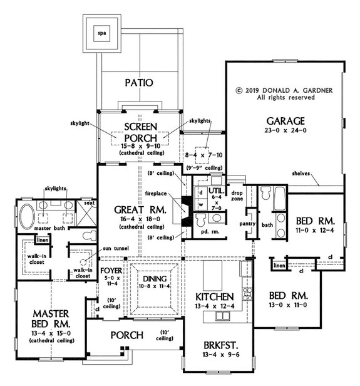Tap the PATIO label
138,82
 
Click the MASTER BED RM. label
44,318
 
